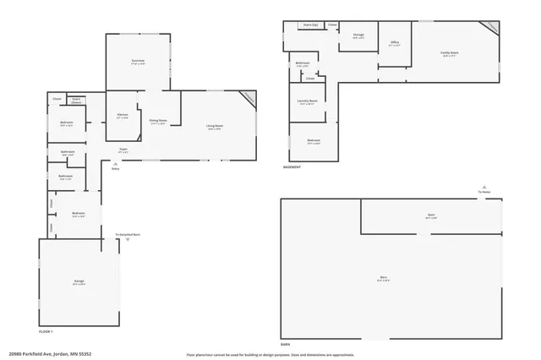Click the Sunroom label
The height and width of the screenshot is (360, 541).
pos(138,61)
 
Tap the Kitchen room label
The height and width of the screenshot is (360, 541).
pos(123,115)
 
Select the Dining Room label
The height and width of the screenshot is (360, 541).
pos(158,121)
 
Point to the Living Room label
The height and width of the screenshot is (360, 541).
pos(214,127)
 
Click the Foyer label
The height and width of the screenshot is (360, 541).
pos(123,150)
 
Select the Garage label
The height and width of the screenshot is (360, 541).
pos(79,281)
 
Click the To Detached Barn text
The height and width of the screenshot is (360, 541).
pos(128,234)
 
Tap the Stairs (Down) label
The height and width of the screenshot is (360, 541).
pos(76,100)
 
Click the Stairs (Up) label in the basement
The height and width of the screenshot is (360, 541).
pos(310,25)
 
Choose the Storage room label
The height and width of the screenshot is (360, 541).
pos(358,35)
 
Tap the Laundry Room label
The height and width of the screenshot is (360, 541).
pos(308,101)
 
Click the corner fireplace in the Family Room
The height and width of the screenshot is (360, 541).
pos(490,27)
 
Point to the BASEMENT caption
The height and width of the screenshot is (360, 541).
pos(292,166)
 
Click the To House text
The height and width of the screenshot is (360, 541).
pos(484,192)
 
